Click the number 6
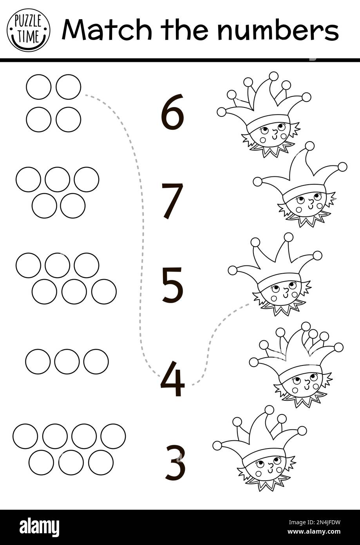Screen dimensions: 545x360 [172, 112]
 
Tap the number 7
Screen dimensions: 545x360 [172, 201]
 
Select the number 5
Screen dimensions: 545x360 [172, 285]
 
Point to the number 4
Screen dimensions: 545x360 [172, 378]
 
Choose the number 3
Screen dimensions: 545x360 [175, 463]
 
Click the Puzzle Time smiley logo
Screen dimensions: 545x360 [29, 30]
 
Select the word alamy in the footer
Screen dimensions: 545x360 [40, 527]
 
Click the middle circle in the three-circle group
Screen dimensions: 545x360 [67, 362]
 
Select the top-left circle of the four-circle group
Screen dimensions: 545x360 [39, 87]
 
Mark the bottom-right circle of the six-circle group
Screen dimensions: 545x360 [104, 292]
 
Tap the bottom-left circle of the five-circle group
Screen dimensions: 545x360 [44, 206]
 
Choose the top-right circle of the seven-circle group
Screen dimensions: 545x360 [113, 436]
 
